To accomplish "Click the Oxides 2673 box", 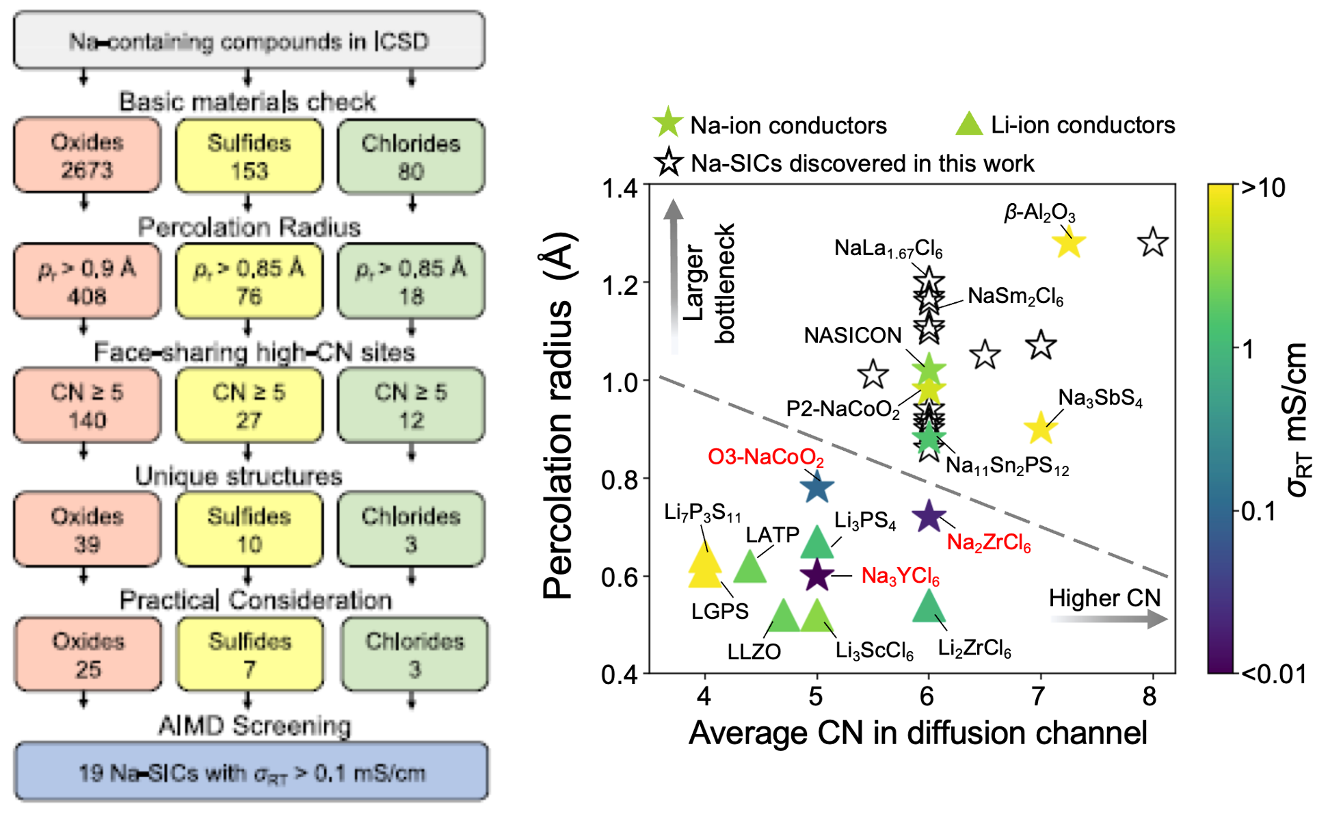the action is [87, 155].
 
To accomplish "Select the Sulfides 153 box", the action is [249, 156].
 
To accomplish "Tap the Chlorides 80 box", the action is [411, 157].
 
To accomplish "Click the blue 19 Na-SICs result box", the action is [251, 771].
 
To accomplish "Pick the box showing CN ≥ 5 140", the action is [87, 406].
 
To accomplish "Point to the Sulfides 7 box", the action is [250, 655].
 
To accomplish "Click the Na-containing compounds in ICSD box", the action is [249, 40].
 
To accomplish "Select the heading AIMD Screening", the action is [254, 725].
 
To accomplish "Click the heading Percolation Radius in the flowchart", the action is [249, 227].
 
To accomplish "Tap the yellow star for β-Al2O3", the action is [1068, 243].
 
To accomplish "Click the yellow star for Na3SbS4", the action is [1040, 427].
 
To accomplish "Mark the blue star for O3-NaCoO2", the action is [816, 488].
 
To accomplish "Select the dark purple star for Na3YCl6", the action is [816, 575].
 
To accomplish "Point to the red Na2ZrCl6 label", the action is [989, 543].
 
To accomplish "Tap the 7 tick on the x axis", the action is [1039, 696].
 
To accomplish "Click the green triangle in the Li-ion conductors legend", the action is [969, 124].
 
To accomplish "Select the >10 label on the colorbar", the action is [1263, 187].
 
